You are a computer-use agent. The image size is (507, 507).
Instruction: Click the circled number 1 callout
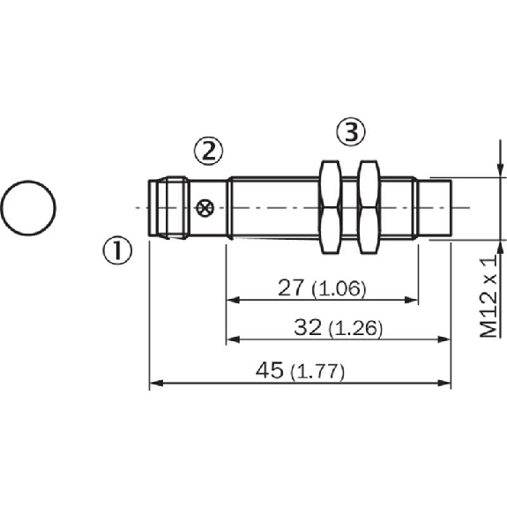pyautogui.click(x=117, y=251)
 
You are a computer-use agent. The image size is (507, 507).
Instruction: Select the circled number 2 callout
pyautogui.click(x=209, y=151)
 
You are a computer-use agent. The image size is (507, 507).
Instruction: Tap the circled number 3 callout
pyautogui.click(x=351, y=131)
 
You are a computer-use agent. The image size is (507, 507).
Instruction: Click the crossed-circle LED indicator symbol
pyautogui.click(x=205, y=208)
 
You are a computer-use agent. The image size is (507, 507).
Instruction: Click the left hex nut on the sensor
pyautogui.click(x=330, y=207)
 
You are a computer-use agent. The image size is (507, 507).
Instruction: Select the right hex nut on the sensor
pyautogui.click(x=369, y=207)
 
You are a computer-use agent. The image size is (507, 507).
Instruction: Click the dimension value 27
pyautogui.click(x=291, y=287)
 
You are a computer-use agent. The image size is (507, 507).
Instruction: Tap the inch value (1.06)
pyautogui.click(x=339, y=288)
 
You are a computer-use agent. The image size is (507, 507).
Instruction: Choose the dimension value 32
pyautogui.click(x=308, y=326)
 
